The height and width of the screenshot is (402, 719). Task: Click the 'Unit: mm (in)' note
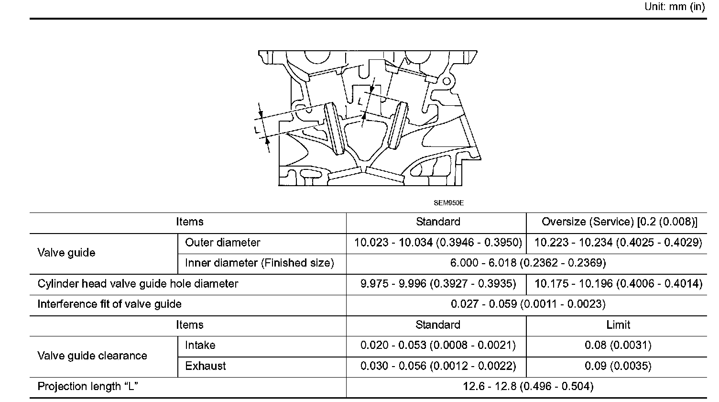click(x=675, y=7)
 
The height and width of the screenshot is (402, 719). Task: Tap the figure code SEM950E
click(x=449, y=202)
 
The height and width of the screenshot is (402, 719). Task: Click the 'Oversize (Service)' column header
click(x=619, y=222)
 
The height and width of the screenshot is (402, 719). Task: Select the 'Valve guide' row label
click(x=66, y=253)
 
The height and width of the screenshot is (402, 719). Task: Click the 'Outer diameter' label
click(x=222, y=243)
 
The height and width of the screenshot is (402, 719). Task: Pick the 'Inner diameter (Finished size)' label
click(x=259, y=263)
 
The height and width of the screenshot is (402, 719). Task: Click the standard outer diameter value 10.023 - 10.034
click(x=438, y=243)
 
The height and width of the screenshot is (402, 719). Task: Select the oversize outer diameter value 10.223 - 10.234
click(x=618, y=243)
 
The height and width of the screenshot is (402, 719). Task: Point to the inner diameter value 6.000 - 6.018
click(x=528, y=263)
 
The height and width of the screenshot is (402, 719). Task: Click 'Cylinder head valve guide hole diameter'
click(x=138, y=284)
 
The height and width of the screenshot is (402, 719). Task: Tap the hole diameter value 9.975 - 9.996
click(x=438, y=284)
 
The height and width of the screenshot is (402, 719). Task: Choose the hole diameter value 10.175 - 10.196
click(x=618, y=284)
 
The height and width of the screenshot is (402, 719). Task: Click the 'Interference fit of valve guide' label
click(x=109, y=304)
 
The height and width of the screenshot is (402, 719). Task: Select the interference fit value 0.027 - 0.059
click(x=528, y=304)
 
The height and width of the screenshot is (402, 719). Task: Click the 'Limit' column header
click(x=618, y=325)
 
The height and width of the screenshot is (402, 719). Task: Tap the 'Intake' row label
click(x=200, y=346)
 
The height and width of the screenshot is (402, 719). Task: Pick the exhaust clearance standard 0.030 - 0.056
click(x=438, y=366)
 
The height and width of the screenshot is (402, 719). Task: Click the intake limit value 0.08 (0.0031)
click(x=618, y=346)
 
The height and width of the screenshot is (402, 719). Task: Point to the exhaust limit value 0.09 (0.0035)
click(x=618, y=366)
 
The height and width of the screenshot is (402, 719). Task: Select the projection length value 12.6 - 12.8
click(x=528, y=387)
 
